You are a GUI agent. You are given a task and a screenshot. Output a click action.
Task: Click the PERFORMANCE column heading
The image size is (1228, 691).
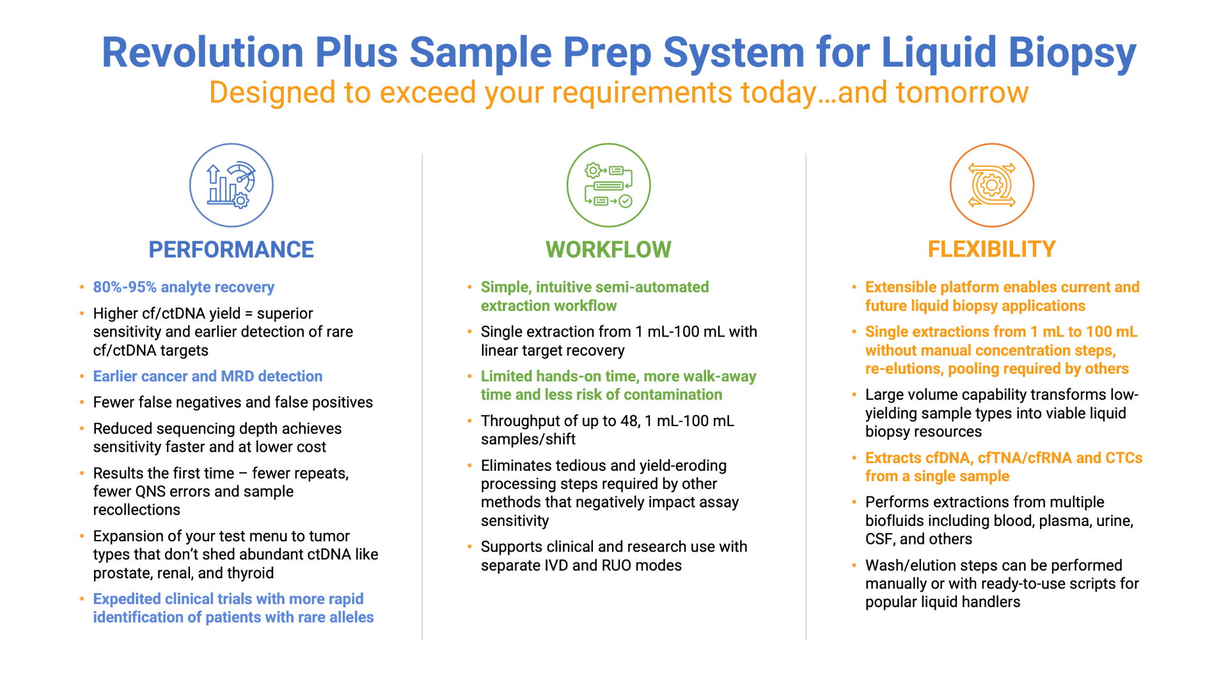(x=231, y=250)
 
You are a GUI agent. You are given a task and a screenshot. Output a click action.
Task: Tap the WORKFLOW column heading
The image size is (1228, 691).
(x=608, y=250)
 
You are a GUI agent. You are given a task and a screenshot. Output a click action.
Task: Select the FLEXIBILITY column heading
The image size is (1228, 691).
(x=991, y=250)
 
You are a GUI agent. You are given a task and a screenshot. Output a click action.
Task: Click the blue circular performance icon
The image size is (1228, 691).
(x=232, y=185)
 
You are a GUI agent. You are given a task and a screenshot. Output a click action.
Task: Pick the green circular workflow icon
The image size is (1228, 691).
(x=609, y=185)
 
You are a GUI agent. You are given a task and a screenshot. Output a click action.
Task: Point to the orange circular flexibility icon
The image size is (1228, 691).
(x=992, y=185)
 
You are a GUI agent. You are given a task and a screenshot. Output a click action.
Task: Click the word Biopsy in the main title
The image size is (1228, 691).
(x=1073, y=52)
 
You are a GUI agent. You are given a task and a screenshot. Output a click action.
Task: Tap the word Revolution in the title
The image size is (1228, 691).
(x=203, y=52)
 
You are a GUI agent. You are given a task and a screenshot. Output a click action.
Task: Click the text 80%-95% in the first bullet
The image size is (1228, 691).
(x=125, y=287)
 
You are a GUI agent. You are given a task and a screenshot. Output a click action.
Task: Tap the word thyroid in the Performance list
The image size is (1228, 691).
(x=251, y=573)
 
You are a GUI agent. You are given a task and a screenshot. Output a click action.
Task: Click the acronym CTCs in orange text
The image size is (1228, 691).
(x=1124, y=458)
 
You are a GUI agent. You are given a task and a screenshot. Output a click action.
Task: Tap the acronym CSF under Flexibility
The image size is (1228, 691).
(x=879, y=539)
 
